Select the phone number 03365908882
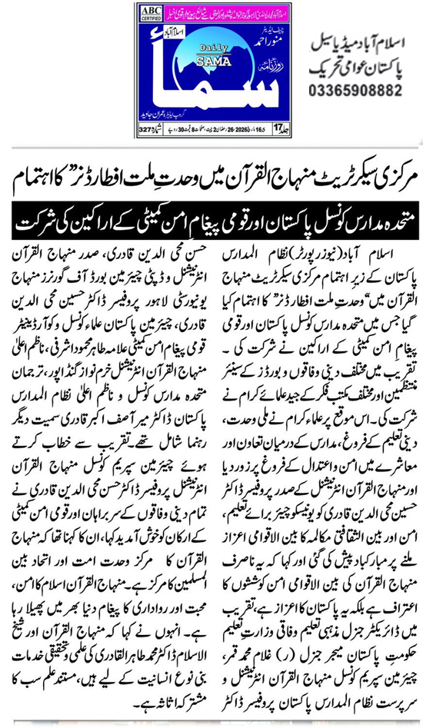357,91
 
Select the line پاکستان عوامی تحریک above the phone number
357,67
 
